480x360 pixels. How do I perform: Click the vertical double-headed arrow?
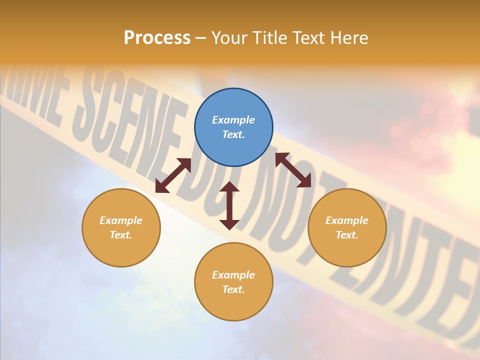(229, 205)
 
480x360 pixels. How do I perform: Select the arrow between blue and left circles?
(173, 175)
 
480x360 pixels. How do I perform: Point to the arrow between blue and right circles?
(293, 170)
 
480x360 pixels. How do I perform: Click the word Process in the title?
(157, 38)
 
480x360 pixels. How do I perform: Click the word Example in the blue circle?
(233, 120)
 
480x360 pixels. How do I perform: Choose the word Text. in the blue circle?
(233, 134)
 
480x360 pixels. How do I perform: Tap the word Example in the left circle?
(121, 220)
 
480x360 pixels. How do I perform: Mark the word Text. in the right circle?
(347, 235)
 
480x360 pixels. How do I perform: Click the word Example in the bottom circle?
(233, 275)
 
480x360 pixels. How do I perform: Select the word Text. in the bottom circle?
(233, 289)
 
